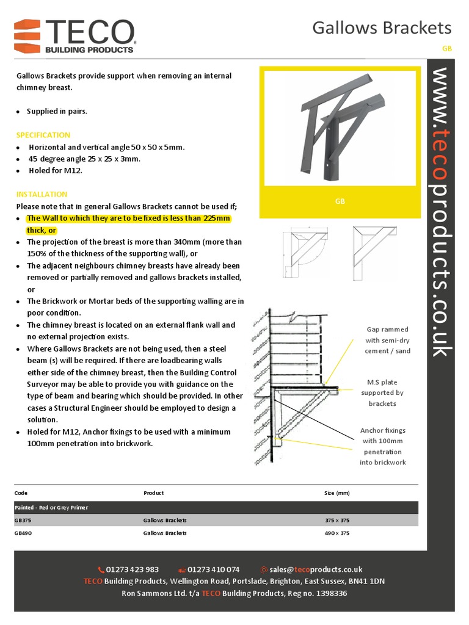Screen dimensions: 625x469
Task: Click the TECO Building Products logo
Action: (x=75, y=35)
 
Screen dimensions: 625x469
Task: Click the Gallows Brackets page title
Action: (x=382, y=27)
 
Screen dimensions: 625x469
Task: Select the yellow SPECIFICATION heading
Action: (x=43, y=135)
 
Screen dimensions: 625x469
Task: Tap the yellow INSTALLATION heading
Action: (x=42, y=194)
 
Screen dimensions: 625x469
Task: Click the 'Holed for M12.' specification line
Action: (x=55, y=170)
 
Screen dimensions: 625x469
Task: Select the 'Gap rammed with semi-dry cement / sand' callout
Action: (x=387, y=340)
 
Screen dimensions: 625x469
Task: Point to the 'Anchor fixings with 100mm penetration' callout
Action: (x=383, y=446)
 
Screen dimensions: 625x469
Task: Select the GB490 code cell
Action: (x=23, y=533)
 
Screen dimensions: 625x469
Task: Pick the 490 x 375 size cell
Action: (x=336, y=533)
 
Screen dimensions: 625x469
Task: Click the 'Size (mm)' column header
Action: (x=336, y=493)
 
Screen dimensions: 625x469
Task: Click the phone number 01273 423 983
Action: (x=132, y=569)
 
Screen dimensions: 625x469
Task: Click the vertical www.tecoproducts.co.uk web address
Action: (x=442, y=211)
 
